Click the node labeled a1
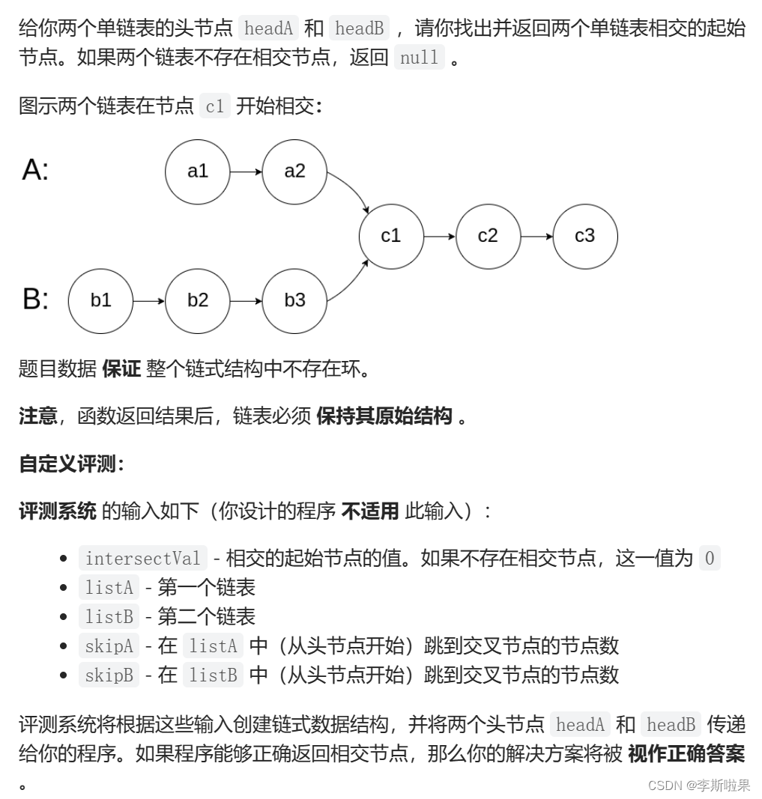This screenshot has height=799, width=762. coord(198,171)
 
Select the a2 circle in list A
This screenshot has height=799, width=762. coord(294,171)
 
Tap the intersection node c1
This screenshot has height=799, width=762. coord(391,236)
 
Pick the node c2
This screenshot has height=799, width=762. coord(488,236)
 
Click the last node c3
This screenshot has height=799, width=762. coord(584,236)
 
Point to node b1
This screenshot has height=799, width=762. coord(100,300)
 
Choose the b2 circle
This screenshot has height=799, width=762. coord(198,300)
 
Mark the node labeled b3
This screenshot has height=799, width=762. coord(294,300)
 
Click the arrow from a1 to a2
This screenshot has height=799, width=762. coord(246,171)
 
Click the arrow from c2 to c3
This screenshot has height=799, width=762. coord(536,236)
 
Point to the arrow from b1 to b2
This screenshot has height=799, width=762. coord(148,300)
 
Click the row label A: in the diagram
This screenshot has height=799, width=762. coord(35,171)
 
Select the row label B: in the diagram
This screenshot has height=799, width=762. coord(35,300)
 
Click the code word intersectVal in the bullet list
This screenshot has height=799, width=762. coord(142,559)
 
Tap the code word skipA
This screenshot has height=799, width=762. coord(109,645)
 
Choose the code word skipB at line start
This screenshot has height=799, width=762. coord(109,675)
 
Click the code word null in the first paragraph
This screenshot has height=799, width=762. coord(419,58)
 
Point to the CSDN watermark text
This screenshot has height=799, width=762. coord(698,785)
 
